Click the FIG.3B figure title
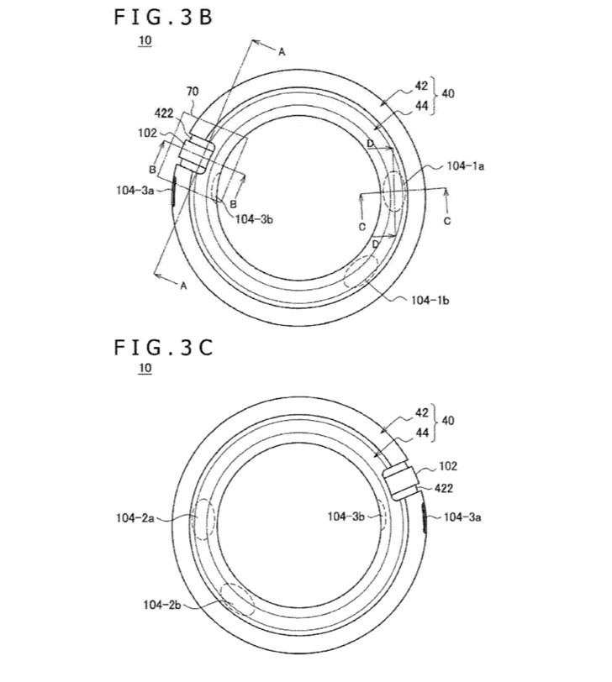[164, 18]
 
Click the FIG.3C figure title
[164, 348]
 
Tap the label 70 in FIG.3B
[193, 92]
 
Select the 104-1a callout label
[466, 165]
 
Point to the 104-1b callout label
[430, 300]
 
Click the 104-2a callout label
[135, 517]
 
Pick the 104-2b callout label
[162, 605]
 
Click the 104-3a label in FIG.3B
[135, 190]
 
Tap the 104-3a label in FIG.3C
[462, 517]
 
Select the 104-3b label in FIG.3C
[346, 517]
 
